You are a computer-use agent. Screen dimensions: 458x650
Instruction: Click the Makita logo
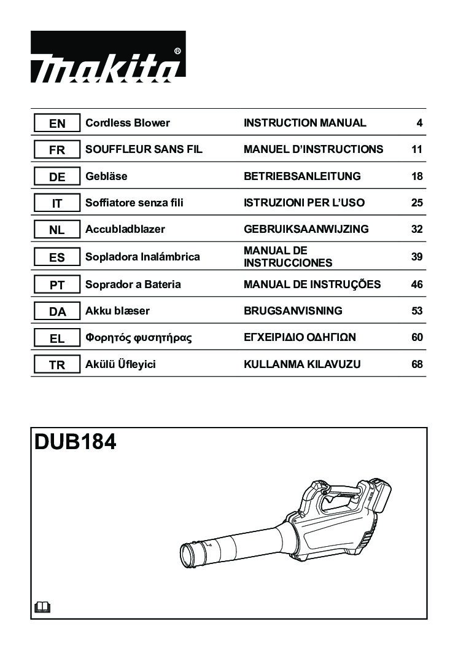[108, 57]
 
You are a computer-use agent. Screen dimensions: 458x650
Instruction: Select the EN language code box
[57, 123]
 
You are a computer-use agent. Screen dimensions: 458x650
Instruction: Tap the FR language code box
[57, 150]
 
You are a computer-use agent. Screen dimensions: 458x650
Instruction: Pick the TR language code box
[57, 365]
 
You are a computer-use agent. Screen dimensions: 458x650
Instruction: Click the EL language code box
[57, 339]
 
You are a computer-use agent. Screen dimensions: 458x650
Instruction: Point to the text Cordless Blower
[128, 123]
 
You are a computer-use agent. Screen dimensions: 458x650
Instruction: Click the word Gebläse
[106, 176]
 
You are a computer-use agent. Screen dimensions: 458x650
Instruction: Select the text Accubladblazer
[125, 229]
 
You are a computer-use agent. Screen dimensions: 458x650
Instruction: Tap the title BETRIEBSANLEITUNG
[302, 176]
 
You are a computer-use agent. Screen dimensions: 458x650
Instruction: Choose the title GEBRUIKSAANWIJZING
[306, 229]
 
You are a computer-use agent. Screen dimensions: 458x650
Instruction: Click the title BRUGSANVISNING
[293, 310]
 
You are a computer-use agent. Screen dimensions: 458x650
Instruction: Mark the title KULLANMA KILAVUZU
[302, 364]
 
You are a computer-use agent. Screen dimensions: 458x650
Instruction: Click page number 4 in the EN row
[419, 123]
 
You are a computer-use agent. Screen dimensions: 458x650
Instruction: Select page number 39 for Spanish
[417, 257]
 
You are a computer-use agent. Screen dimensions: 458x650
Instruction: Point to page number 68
[417, 364]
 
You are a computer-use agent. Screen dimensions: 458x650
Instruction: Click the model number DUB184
[76, 442]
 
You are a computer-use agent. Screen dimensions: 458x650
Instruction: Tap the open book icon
[42, 608]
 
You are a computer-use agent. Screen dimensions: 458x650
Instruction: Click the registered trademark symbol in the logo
[177, 51]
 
